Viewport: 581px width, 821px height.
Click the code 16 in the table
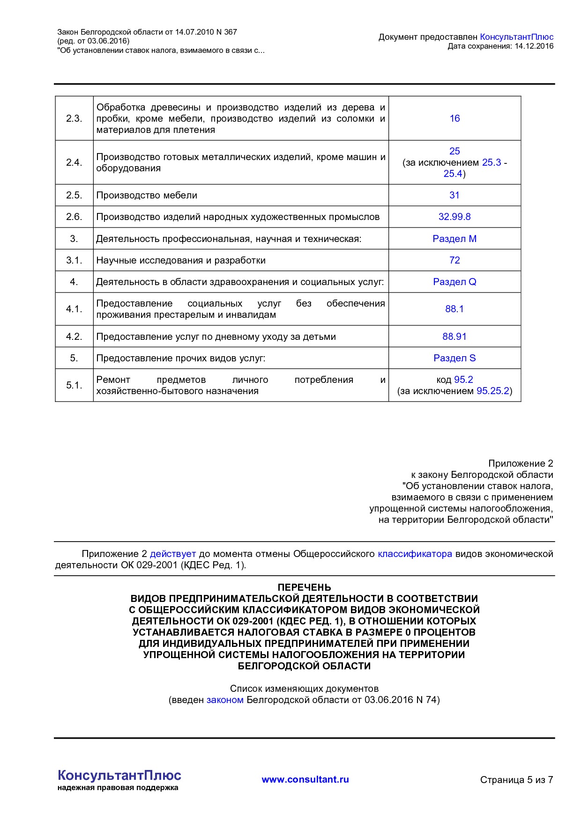(x=454, y=118)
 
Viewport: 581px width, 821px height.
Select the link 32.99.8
(x=454, y=217)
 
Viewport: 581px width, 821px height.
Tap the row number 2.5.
(x=74, y=195)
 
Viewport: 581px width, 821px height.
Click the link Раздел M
(x=454, y=239)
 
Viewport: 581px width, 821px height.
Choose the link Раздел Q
(x=454, y=282)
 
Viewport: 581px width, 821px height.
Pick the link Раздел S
(x=454, y=358)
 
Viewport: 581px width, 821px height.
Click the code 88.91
(x=454, y=337)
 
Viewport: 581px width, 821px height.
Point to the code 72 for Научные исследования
(x=454, y=260)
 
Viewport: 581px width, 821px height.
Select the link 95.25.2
(x=492, y=391)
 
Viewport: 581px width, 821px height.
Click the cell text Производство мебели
(x=147, y=195)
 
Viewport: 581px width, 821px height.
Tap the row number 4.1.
(x=74, y=309)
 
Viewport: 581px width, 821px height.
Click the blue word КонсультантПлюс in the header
(x=516, y=37)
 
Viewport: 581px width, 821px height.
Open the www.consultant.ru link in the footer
(x=305, y=779)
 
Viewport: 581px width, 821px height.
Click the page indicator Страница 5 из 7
(x=516, y=780)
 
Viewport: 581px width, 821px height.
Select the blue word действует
(x=172, y=554)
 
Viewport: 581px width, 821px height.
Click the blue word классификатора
(x=415, y=554)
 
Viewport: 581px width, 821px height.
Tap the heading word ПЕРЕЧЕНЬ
(x=304, y=587)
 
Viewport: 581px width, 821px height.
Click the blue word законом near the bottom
(x=225, y=700)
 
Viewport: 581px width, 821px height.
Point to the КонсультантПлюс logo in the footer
(x=119, y=776)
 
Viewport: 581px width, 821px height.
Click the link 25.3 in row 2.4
(x=492, y=162)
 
